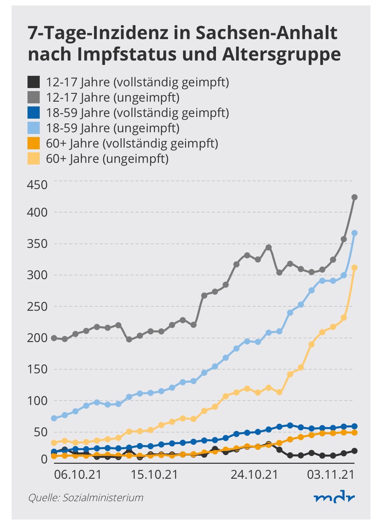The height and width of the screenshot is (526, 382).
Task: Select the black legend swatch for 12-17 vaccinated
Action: (34, 82)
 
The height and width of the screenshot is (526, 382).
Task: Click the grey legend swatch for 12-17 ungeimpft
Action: (34, 98)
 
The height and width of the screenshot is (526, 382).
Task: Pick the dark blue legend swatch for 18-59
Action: (34, 113)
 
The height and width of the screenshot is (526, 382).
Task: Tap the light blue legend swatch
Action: (34, 128)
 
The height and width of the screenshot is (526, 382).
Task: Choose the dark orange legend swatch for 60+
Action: (34, 143)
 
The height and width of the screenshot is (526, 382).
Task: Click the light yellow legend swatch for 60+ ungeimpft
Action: (34, 158)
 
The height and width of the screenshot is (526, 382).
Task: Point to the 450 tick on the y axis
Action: (37, 185)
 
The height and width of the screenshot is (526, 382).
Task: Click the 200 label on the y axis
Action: (37, 338)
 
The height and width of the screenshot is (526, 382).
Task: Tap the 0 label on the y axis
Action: (44, 460)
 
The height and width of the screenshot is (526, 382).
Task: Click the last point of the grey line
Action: (354, 198)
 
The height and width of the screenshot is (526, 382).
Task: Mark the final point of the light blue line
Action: (354, 233)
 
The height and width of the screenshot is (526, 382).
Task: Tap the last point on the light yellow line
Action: (354, 268)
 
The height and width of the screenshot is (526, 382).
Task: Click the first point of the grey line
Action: (54, 338)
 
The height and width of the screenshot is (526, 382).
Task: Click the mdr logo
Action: (334, 498)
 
